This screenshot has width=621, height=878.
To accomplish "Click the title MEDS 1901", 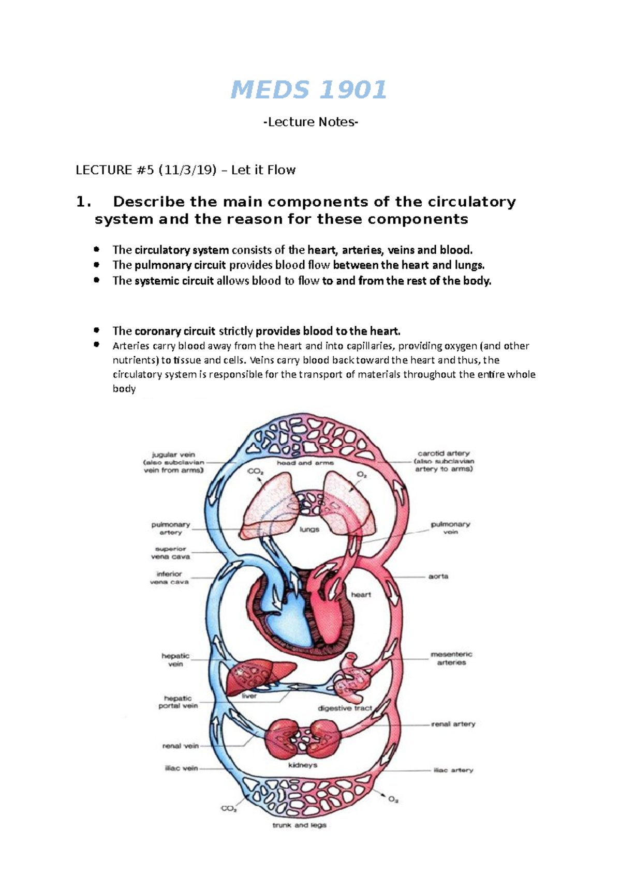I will (308, 90).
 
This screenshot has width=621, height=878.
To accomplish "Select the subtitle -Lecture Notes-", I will (310, 122).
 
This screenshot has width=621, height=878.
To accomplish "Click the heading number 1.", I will (83, 202).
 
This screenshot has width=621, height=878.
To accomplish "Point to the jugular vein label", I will (173, 462).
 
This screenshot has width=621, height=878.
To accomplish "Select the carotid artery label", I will (443, 461).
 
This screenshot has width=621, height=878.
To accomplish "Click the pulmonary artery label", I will (170, 528).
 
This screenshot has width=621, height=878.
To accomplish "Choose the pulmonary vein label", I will (450, 527).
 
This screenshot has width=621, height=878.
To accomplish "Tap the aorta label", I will (438, 576).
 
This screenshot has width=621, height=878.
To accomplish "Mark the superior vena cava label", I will (170, 553).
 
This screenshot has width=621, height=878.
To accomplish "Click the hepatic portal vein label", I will (178, 702).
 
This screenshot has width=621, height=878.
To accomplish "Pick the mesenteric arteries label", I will (451, 658).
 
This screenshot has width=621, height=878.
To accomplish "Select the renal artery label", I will (453, 724).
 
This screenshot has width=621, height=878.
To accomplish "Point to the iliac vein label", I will (181, 768).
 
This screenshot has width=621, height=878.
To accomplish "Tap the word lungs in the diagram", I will (309, 529).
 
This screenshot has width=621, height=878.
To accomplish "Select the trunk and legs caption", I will (299, 825).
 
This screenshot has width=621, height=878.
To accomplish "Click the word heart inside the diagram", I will (361, 595).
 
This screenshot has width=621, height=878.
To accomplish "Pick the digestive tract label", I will (345, 708).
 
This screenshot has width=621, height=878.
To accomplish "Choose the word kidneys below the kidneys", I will (303, 765).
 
